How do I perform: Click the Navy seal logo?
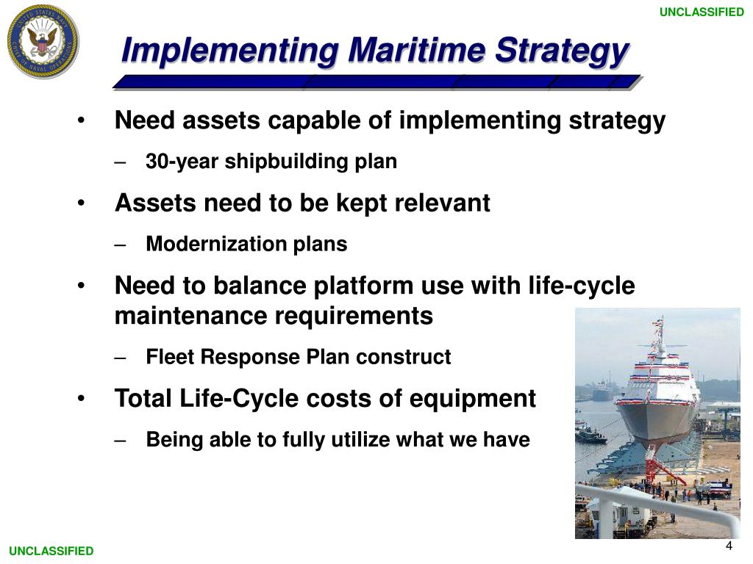click(43, 41)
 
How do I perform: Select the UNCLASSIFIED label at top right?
click(702, 12)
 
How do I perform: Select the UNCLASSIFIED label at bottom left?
click(51, 551)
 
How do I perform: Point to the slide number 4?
click(729, 546)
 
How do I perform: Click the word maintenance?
click(191, 317)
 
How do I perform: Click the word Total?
click(143, 399)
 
